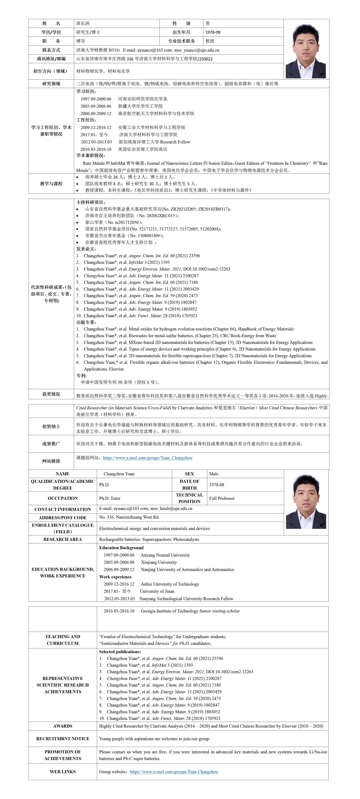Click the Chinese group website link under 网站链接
(x=147, y=458)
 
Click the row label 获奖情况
(x=51, y=394)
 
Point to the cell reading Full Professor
(x=222, y=498)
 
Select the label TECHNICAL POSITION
(x=189, y=498)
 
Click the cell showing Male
(x=214, y=474)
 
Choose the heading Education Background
(x=121, y=548)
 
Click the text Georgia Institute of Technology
(x=169, y=611)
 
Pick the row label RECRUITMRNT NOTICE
(x=63, y=739)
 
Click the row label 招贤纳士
(x=51, y=426)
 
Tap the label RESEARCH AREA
(x=63, y=539)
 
